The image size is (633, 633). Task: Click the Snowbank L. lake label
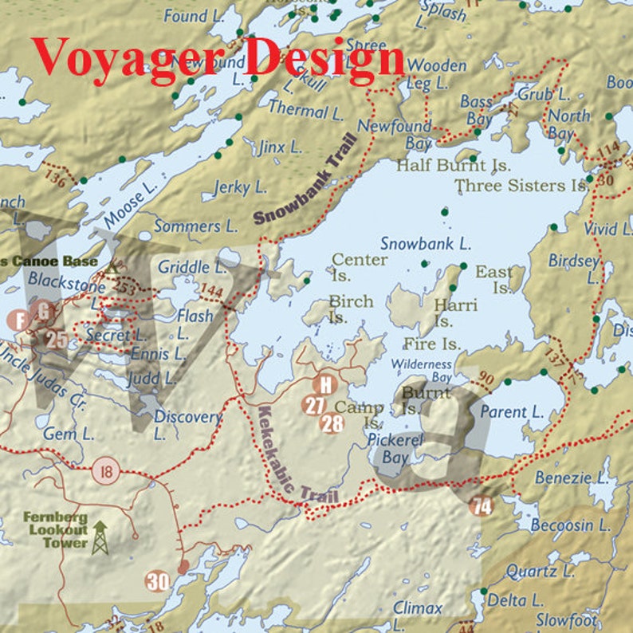coord(425,244)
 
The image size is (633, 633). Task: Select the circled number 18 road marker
coord(104,470)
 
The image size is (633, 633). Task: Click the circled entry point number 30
coord(157,581)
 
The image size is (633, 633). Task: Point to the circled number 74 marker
coord(482,505)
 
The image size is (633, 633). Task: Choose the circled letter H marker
coord(324,385)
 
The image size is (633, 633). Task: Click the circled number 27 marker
coord(314,405)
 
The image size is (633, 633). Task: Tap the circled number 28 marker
coord(332,423)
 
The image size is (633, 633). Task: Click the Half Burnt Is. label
coord(453,166)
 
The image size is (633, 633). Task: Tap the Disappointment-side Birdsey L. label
coord(573,269)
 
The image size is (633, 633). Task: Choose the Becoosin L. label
coord(571,526)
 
